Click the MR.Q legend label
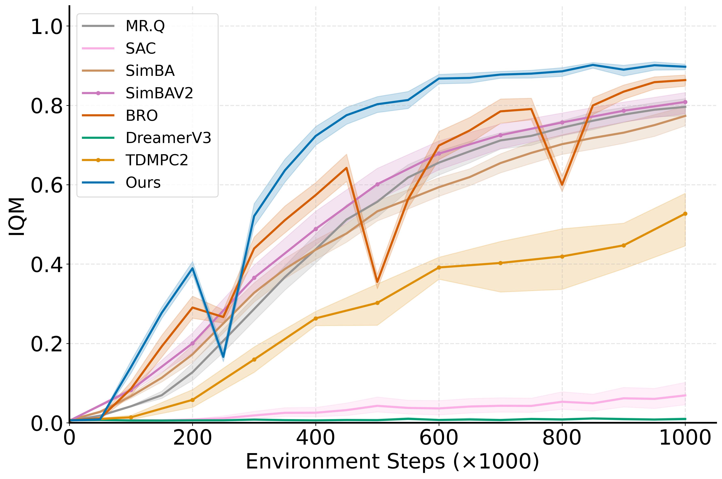pyautogui.click(x=145, y=26)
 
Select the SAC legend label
pyautogui.click(x=141, y=48)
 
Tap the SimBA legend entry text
pyautogui.click(x=150, y=71)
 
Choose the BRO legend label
pyautogui.click(x=142, y=116)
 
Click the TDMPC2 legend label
pyautogui.click(x=157, y=160)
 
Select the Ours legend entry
pyautogui.click(x=143, y=182)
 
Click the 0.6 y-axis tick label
pyautogui.click(x=47, y=185)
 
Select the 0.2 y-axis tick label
pyautogui.click(x=47, y=344)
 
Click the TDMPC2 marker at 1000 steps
pyautogui.click(x=685, y=214)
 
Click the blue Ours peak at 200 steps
pyautogui.click(x=192, y=268)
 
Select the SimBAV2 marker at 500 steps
pyautogui.click(x=377, y=184)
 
